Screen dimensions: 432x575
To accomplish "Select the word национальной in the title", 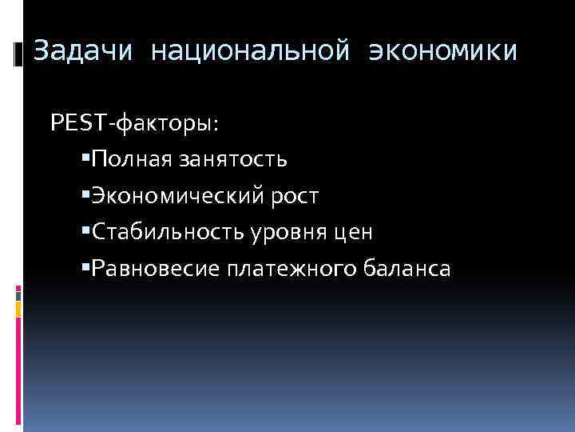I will click(250, 52).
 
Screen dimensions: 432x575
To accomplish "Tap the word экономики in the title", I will click(442, 52).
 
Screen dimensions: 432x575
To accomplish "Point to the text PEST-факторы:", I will click(134, 123).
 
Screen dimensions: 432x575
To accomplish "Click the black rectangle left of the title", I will click(18, 54).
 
